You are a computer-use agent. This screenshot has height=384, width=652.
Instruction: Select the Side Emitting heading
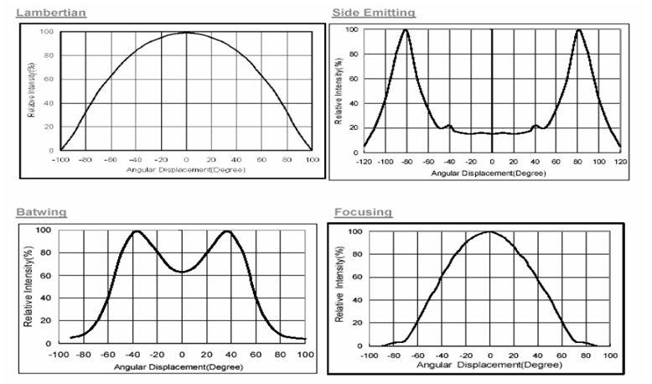click(x=374, y=13)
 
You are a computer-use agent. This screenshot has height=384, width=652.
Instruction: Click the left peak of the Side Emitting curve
click(x=406, y=30)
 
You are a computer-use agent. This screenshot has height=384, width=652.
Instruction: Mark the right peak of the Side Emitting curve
click(x=578, y=30)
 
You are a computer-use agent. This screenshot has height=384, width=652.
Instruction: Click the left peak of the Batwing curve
click(x=137, y=231)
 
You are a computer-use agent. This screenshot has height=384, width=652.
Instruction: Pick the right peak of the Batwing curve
click(x=227, y=231)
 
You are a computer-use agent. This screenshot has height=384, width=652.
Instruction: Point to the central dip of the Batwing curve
click(x=183, y=272)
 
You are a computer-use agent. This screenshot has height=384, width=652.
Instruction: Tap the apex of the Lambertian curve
click(x=186, y=33)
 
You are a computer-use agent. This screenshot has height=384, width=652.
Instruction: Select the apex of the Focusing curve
click(x=490, y=232)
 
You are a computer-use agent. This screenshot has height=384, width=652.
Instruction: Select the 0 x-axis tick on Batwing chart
click(x=183, y=355)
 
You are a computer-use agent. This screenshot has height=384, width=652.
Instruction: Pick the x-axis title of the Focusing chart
click(x=489, y=366)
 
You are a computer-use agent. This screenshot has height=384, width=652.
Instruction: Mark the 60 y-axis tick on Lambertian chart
click(x=50, y=80)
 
